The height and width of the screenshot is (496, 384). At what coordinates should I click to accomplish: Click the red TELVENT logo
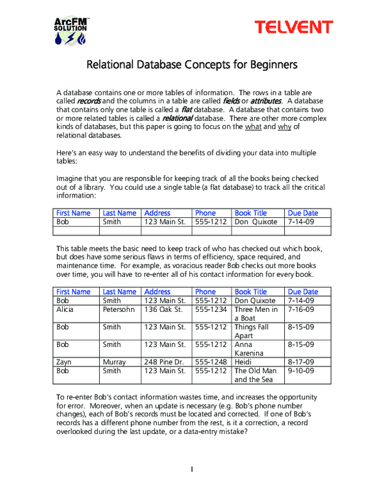click(x=294, y=27)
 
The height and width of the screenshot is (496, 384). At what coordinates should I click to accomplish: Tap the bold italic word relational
click(x=177, y=118)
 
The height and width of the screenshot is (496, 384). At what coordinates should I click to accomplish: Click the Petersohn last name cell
click(x=119, y=309)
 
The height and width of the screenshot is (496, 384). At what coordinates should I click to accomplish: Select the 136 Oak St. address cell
click(x=164, y=309)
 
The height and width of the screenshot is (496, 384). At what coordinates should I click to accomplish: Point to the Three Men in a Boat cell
click(x=256, y=314)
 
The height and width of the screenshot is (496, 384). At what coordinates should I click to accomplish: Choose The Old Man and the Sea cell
click(x=256, y=375)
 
